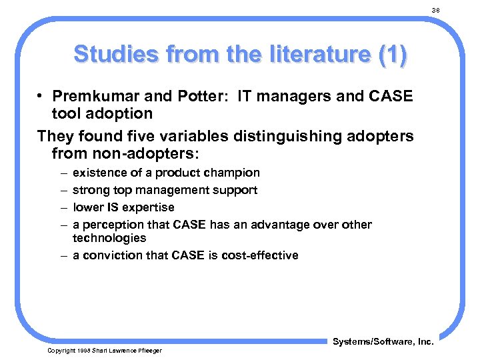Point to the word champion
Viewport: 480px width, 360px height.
tap(233, 173)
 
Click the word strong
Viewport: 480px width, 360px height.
tap(90, 190)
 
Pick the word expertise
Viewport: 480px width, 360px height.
tap(147, 207)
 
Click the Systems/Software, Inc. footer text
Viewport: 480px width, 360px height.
tap(383, 342)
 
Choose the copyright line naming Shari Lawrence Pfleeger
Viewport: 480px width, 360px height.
tap(104, 351)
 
